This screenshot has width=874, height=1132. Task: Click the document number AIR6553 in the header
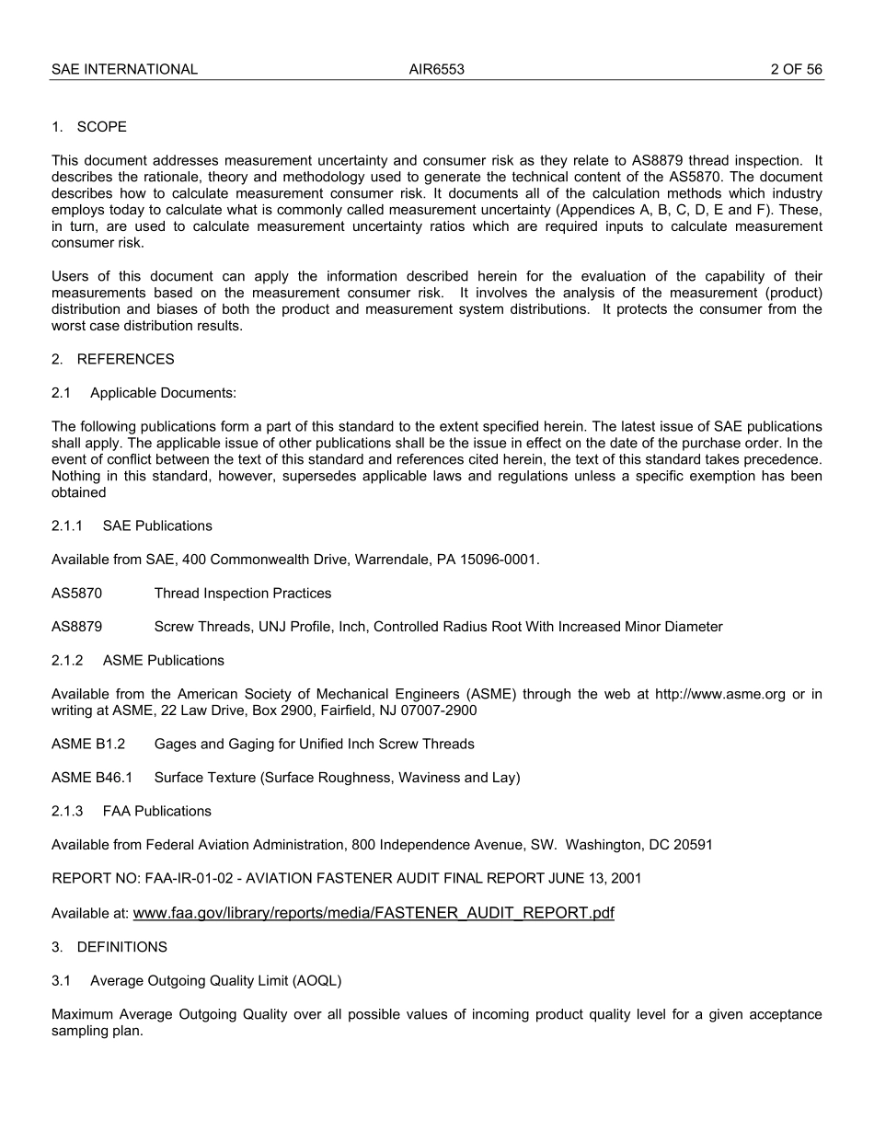pyautogui.click(x=436, y=69)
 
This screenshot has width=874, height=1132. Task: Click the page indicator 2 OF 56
pyautogui.click(x=796, y=69)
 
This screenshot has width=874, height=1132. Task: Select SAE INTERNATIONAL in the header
pyautogui.click(x=124, y=69)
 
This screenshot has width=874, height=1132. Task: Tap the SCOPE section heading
pyautogui.click(x=101, y=127)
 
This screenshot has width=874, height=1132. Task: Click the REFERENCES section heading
pyautogui.click(x=125, y=359)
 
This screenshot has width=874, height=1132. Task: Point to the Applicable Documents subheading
pyautogui.click(x=163, y=393)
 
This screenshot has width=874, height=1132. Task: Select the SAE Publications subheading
pyautogui.click(x=157, y=526)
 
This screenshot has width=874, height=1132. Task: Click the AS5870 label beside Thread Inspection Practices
pyautogui.click(x=76, y=594)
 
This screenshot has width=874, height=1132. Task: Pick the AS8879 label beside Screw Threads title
pyautogui.click(x=76, y=627)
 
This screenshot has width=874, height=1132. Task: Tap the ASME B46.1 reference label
pyautogui.click(x=92, y=778)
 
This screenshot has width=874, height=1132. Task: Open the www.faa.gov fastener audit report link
pyautogui.click(x=374, y=913)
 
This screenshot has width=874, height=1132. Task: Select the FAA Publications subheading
pyautogui.click(x=156, y=811)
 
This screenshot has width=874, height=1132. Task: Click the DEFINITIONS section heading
pyautogui.click(x=121, y=947)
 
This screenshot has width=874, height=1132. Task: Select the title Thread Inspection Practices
pyautogui.click(x=243, y=594)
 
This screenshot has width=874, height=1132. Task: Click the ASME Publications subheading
pyautogui.click(x=163, y=660)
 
